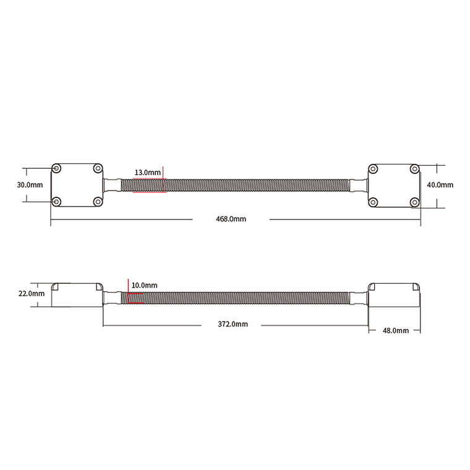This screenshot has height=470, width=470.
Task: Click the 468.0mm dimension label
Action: click(231, 219)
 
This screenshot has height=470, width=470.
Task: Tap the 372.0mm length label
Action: click(233, 324)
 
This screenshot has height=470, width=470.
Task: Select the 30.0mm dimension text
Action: click(30, 185)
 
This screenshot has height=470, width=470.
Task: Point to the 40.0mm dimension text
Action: click(440, 185)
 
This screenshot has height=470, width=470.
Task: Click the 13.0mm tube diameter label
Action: click(147, 173)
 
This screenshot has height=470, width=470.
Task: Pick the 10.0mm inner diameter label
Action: click(145, 285)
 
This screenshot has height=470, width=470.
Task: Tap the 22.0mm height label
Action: click(32, 294)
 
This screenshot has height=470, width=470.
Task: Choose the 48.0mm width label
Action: click(396, 330)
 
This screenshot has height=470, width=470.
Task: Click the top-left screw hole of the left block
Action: click(56, 169)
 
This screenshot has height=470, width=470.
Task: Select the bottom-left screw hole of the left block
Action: click(56, 202)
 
